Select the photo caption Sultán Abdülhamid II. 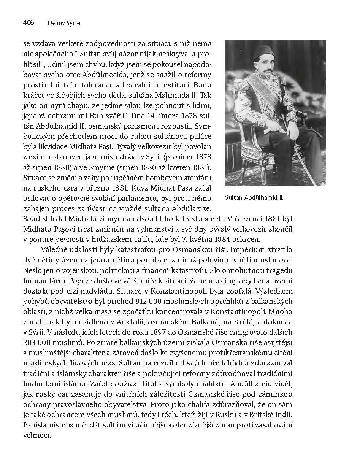[254, 198]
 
